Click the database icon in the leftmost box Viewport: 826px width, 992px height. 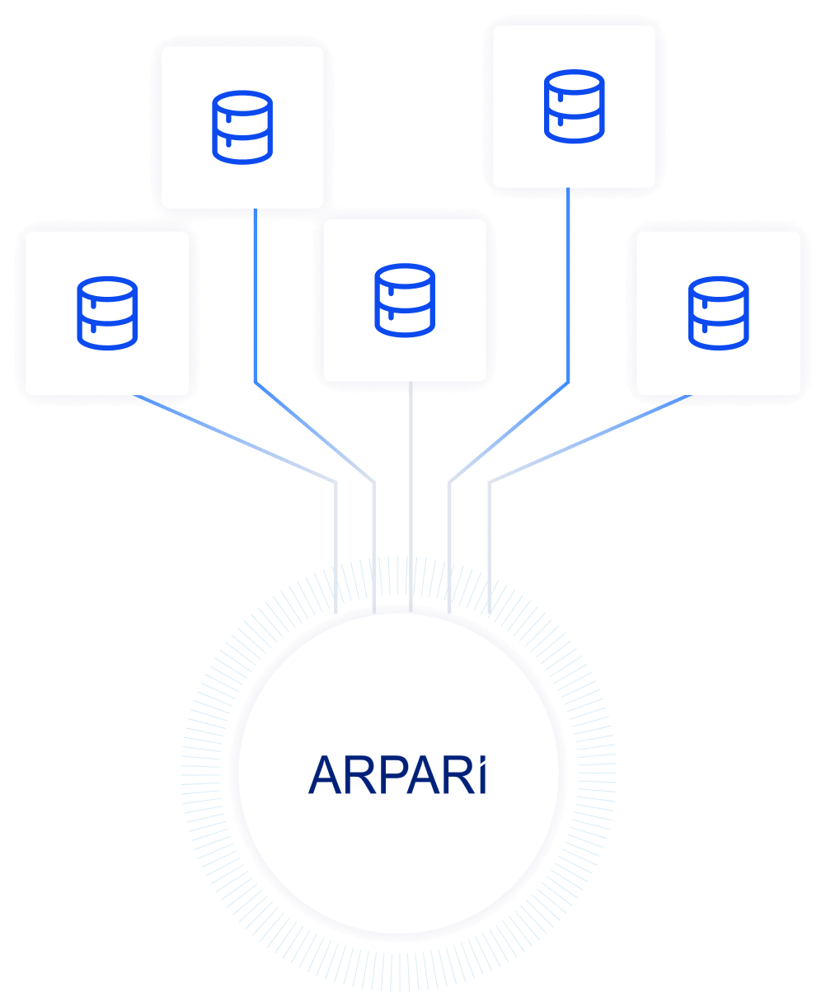tap(107, 313)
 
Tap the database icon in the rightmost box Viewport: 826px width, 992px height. tap(719, 313)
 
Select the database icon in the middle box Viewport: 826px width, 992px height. tap(405, 300)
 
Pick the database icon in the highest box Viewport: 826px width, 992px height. tap(575, 106)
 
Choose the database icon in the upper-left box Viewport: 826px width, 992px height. tap(242, 127)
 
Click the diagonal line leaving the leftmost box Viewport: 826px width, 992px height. tap(235, 438)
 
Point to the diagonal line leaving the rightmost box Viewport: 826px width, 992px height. tap(590, 438)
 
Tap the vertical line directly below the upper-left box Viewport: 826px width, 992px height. tap(256, 297)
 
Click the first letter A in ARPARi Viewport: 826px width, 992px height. tap(325, 776)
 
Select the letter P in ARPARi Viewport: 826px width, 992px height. tap(388, 776)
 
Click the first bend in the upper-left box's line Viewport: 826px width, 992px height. tap(256, 383)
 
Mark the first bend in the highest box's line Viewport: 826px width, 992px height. tap(569, 383)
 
